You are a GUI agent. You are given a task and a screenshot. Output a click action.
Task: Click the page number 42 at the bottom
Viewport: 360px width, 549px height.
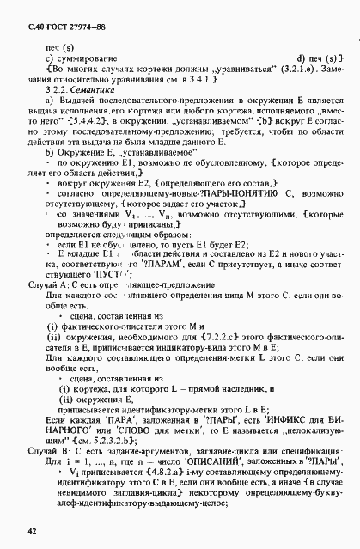click(x=32, y=532)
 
